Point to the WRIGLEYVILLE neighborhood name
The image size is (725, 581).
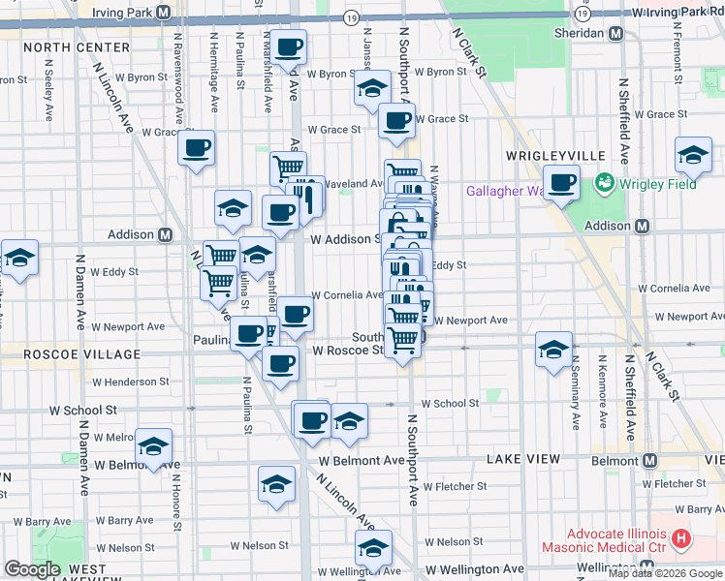point(555,155)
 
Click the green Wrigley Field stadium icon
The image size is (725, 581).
point(606,181)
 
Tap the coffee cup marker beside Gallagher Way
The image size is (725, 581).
point(561,183)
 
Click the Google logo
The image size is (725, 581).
point(32,569)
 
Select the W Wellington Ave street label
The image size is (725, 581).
point(475,568)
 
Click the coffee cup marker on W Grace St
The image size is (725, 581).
point(396,122)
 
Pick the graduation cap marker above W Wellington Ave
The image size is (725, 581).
point(373,548)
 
